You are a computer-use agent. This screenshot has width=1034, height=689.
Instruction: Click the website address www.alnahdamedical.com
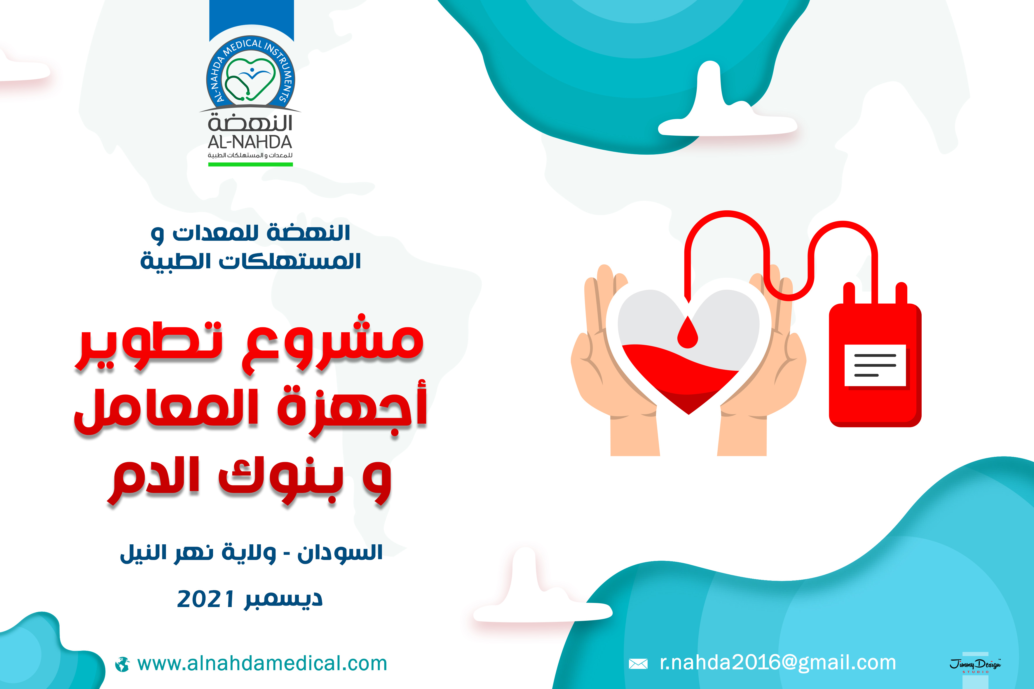(262, 664)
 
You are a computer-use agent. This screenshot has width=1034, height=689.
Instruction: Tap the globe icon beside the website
(122, 664)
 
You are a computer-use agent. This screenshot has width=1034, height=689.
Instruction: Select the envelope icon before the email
(638, 664)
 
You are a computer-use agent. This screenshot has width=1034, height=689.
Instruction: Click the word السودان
(340, 553)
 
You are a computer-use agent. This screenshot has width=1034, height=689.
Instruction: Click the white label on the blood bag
(875, 365)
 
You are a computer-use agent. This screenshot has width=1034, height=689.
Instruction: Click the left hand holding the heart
(615, 360)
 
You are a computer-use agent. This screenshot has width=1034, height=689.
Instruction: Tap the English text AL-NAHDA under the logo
(250, 142)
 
